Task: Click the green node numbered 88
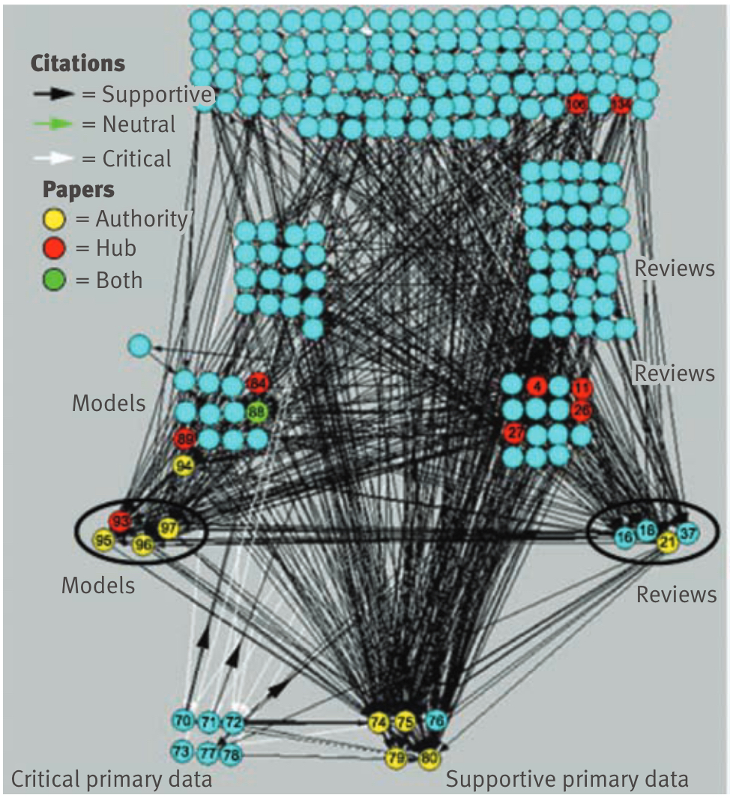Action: [x=257, y=412]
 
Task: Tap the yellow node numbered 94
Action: [x=184, y=465]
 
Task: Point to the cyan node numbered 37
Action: [x=687, y=532]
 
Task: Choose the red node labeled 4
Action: [x=536, y=386]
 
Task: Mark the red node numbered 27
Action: [x=514, y=433]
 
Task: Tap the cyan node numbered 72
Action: [x=235, y=723]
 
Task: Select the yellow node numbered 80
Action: [x=429, y=757]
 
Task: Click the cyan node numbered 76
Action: [x=436, y=721]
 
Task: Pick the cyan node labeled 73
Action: [x=182, y=751]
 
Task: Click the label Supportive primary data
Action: [x=567, y=779]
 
